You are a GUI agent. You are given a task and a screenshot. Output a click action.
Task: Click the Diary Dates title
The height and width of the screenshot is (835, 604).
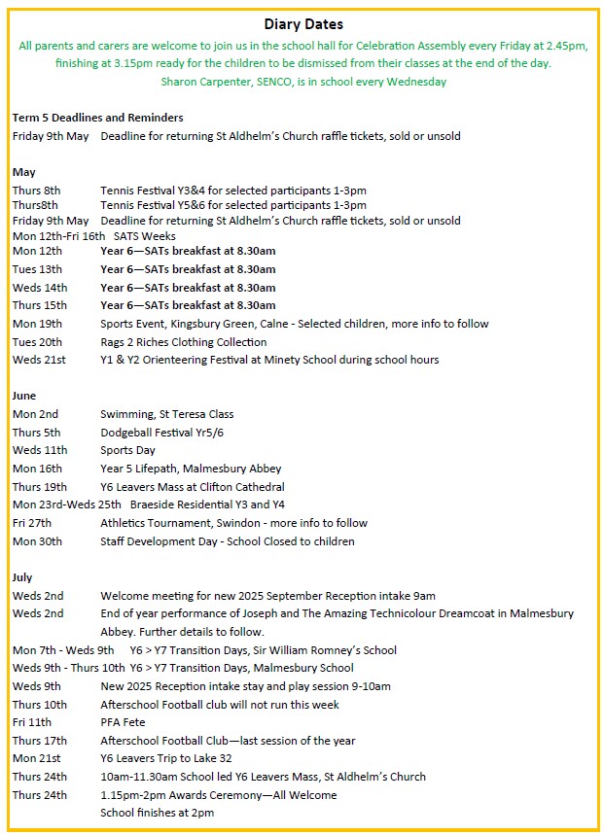(303, 24)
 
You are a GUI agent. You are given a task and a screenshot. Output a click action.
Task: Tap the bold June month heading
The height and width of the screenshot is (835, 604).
(25, 396)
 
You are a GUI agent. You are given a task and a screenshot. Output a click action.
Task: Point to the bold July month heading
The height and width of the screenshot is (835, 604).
(23, 577)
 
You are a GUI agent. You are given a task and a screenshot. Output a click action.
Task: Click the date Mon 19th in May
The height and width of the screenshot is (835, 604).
(37, 324)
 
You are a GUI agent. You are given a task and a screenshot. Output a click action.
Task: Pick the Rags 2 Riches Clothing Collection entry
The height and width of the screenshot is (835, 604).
(183, 342)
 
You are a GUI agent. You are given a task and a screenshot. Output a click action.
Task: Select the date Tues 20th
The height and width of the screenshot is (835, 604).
(37, 342)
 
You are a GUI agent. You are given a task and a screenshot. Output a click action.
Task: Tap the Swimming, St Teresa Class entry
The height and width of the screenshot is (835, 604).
(166, 414)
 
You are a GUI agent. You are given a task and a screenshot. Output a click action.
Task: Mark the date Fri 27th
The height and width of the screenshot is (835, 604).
(32, 523)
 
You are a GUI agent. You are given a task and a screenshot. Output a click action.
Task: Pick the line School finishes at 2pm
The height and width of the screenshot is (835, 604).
(157, 813)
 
